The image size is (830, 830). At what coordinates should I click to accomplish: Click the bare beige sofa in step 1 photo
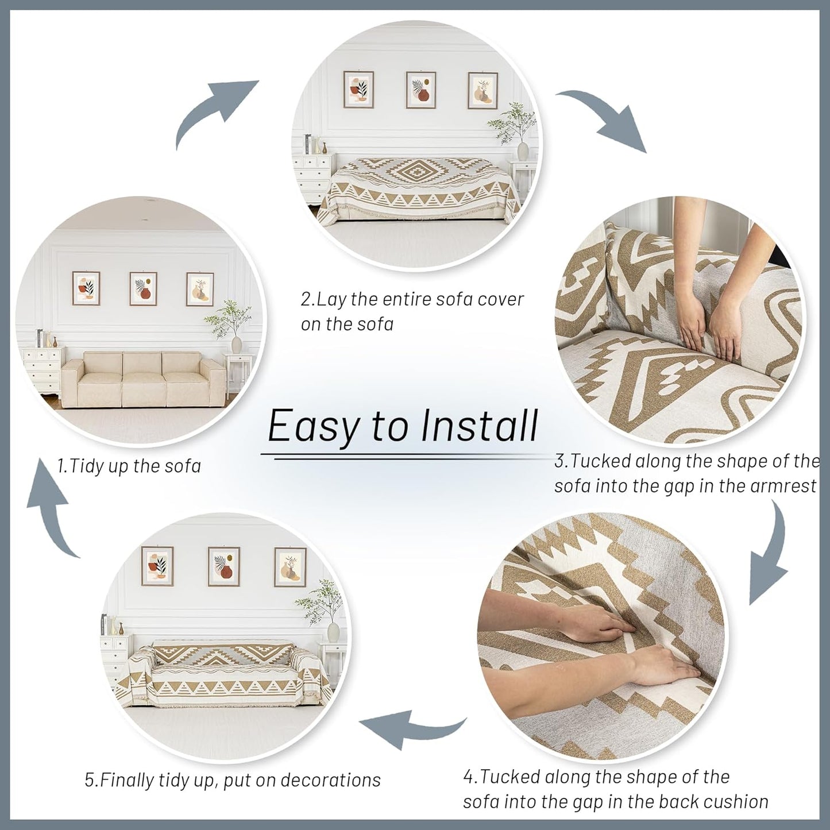coord(144,380)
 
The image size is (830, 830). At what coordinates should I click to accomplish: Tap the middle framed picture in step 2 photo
coord(421,90)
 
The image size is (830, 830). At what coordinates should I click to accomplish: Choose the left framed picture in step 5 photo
coord(157,566)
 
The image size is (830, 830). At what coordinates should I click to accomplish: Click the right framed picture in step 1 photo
coord(200,289)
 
